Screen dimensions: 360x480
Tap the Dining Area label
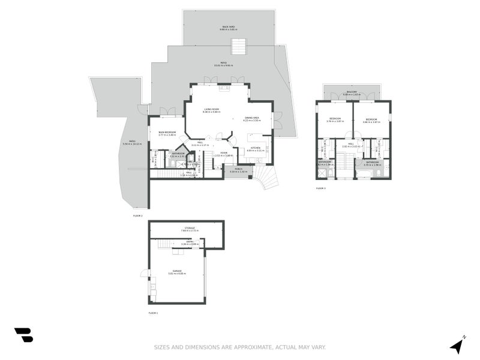pyautogui.click(x=251, y=119)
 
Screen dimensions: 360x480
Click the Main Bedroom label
pyautogui.click(x=167, y=133)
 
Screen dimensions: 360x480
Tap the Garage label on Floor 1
pyautogui.click(x=177, y=272)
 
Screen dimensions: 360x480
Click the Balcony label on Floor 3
pyautogui.click(x=351, y=94)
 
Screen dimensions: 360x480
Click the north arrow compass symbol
pyautogui.click(x=457, y=345)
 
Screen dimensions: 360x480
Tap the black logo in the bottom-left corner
pyautogui.click(x=23, y=335)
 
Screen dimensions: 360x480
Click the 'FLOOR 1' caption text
pyautogui.click(x=153, y=313)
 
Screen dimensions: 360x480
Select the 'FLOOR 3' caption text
pyautogui.click(x=321, y=188)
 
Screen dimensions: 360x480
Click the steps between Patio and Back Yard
pyautogui.click(x=239, y=46)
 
